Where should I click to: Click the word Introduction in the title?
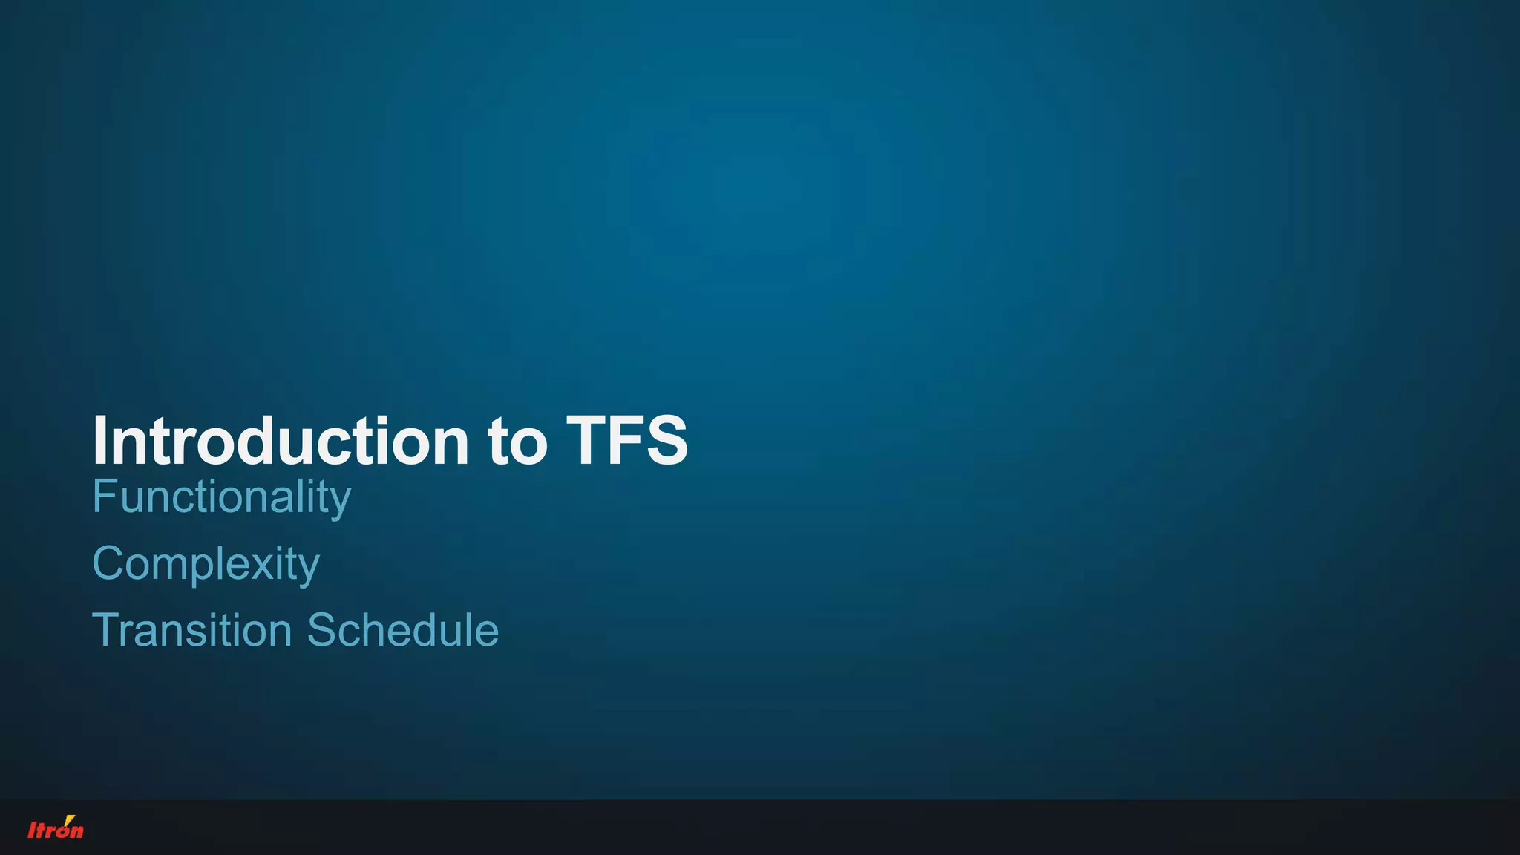281,441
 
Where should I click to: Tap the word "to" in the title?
517,442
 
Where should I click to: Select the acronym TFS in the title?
627,441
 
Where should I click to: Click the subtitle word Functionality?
221,497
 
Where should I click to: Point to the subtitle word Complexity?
206,564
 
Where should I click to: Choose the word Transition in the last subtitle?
191,630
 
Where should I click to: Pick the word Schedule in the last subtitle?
403,630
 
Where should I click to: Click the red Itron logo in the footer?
56,828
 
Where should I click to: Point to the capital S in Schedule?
321,630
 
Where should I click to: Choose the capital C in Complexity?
107,563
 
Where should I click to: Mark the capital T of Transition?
105,630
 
